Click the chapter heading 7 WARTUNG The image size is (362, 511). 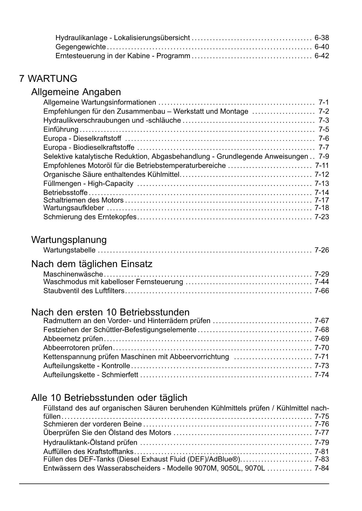tap(48, 79)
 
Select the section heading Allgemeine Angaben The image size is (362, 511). tap(76, 92)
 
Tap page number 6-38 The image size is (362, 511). tap(321, 38)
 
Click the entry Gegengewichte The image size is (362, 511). tap(81, 47)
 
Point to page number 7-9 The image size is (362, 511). tap(323, 156)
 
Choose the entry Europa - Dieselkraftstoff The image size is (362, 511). tap(82, 138)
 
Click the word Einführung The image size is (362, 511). tap(61, 129)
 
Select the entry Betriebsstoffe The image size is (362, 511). tap(65, 193)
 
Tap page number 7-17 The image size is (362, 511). tap(321, 200)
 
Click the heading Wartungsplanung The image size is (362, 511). tap(69, 240)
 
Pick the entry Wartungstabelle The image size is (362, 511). tap(69, 250)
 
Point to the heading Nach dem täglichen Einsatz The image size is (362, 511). tap(92, 264)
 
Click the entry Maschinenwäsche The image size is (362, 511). tap(73, 274)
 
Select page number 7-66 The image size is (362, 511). tap(321, 291)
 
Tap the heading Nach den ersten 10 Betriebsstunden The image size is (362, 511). tap(110, 312)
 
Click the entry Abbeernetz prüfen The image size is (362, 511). tap(73, 339)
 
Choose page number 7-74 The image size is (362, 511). tap(321, 375)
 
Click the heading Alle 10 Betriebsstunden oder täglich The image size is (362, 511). tap(109, 398)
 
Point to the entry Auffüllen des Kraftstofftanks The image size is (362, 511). tap(88, 452)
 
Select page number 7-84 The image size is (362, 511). tap(321, 468)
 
